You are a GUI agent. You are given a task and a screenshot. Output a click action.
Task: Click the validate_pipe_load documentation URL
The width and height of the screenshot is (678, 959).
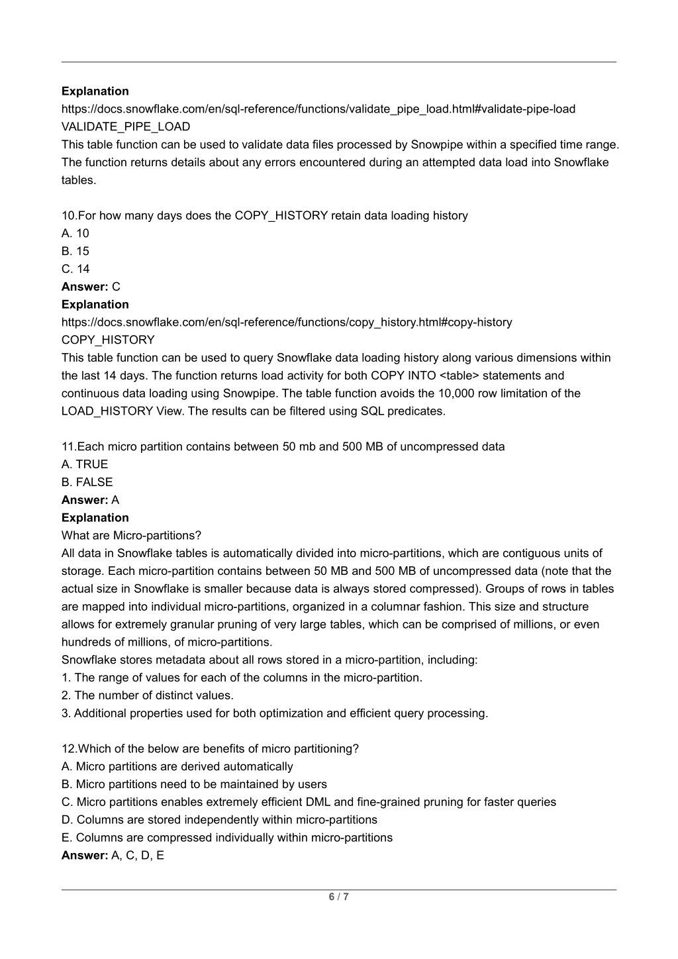point(318,109)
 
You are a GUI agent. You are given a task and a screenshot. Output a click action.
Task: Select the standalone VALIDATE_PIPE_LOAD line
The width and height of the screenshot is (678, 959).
point(126,126)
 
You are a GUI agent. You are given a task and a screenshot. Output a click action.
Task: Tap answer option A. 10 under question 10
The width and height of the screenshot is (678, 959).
point(75,233)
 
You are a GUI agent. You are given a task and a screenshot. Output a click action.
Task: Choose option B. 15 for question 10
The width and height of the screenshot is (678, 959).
point(75,251)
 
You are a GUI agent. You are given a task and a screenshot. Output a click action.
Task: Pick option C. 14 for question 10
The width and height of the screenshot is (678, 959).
point(75,269)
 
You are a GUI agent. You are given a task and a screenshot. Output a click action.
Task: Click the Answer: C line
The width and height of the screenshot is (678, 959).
point(91,287)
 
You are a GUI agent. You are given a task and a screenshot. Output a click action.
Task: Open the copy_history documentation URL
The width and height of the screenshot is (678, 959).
point(286,322)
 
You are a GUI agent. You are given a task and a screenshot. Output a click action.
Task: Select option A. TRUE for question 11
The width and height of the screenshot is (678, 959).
point(85,464)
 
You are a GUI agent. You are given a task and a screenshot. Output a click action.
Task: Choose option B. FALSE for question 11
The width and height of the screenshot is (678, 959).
point(87,482)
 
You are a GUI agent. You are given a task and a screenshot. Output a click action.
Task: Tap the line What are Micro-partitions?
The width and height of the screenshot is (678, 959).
point(131,535)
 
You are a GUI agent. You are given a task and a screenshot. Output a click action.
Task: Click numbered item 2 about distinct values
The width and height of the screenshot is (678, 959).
point(148,695)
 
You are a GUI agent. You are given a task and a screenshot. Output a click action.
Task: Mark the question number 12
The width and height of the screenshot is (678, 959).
point(69,749)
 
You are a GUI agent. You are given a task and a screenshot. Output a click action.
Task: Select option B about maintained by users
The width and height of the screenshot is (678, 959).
point(194,784)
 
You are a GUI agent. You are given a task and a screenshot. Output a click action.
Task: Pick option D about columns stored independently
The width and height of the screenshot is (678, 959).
point(219,820)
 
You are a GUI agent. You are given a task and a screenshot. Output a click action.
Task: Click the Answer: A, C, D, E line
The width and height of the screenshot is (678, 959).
point(113,856)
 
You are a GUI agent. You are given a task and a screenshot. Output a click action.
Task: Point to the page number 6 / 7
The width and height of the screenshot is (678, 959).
point(338,897)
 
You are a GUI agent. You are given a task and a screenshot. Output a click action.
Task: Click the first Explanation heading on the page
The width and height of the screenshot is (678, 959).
point(95,91)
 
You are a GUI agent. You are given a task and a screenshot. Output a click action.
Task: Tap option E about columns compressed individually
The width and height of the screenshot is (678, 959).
point(226,838)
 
